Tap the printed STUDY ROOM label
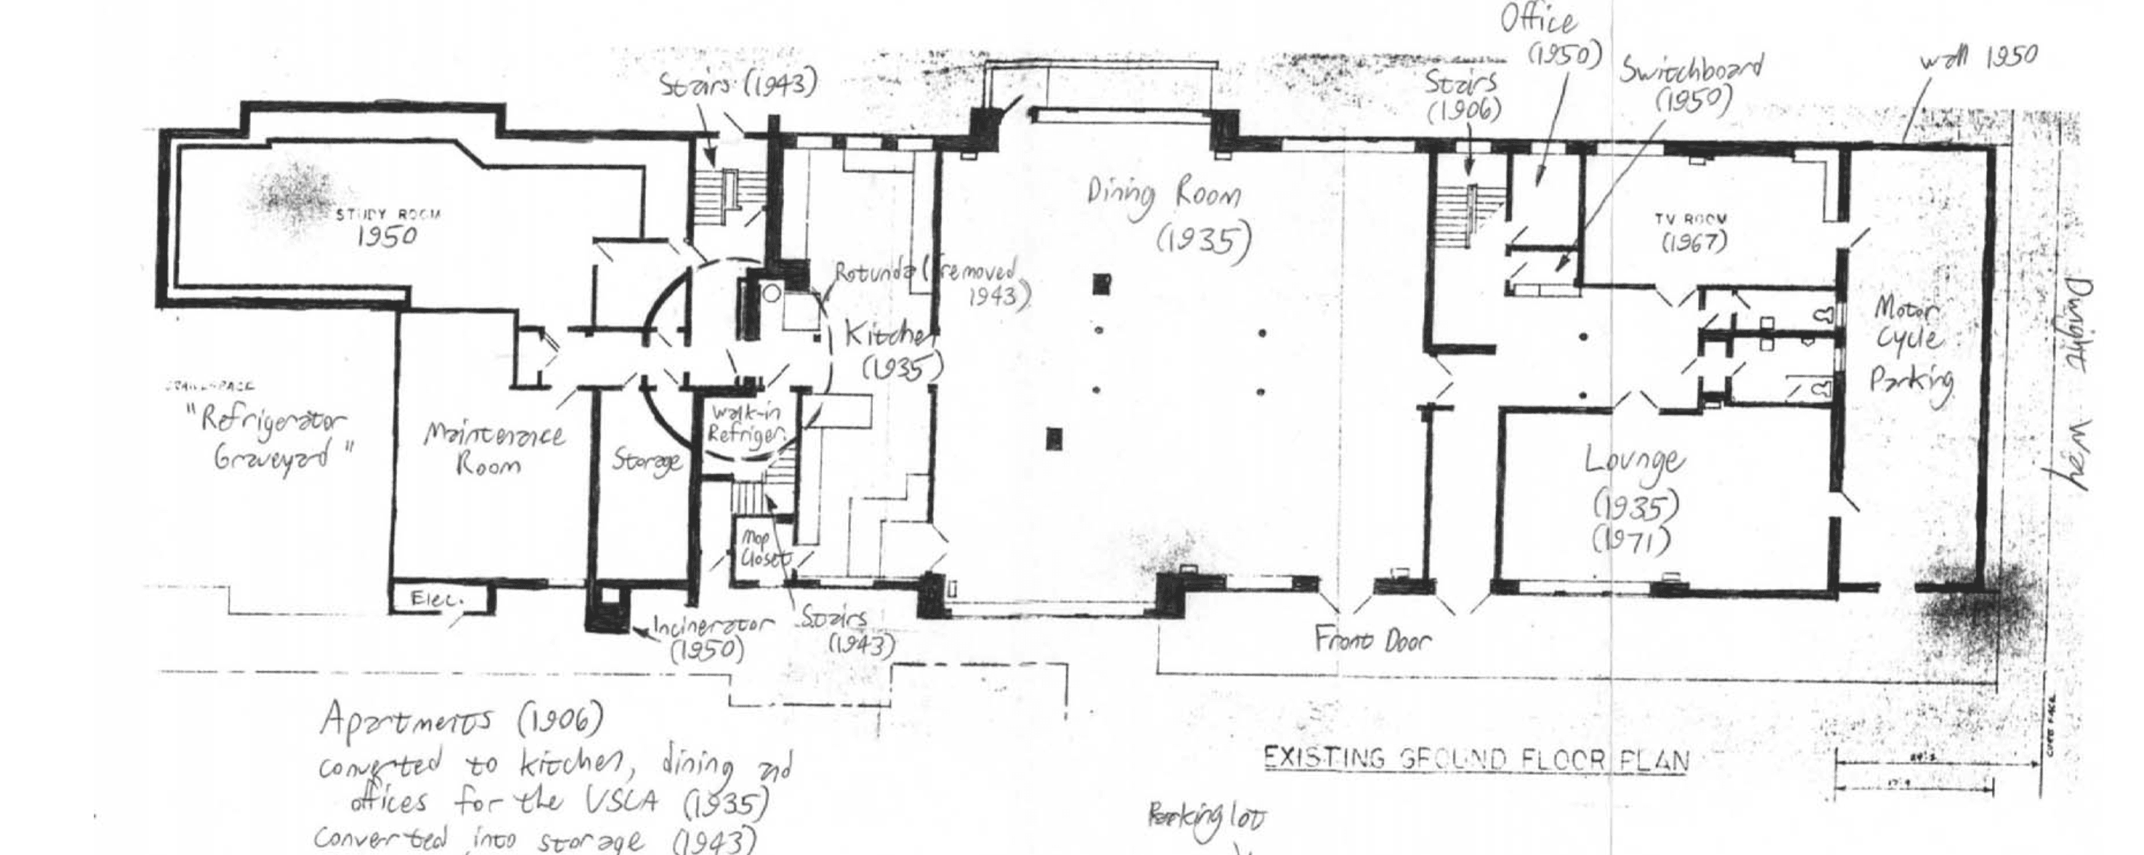(388, 214)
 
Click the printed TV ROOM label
(1691, 220)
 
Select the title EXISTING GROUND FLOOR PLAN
(1476, 759)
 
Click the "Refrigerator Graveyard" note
(279, 438)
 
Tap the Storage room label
(646, 460)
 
